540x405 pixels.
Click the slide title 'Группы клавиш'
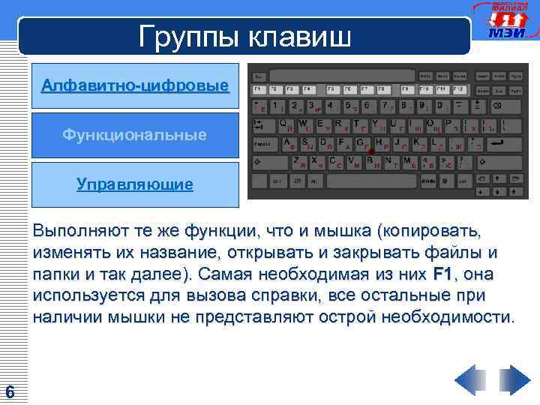click(244, 36)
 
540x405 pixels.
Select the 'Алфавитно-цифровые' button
click(135, 86)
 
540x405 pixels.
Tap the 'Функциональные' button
click(135, 135)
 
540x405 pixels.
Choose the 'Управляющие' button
click(135, 184)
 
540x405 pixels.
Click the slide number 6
click(10, 391)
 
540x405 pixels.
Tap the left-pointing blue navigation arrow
click(470, 379)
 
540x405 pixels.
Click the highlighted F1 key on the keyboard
click(259, 89)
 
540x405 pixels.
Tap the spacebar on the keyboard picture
click(372, 181)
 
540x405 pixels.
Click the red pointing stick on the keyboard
click(371, 150)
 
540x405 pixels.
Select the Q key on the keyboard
click(284, 124)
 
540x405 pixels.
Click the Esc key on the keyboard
click(259, 76)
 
